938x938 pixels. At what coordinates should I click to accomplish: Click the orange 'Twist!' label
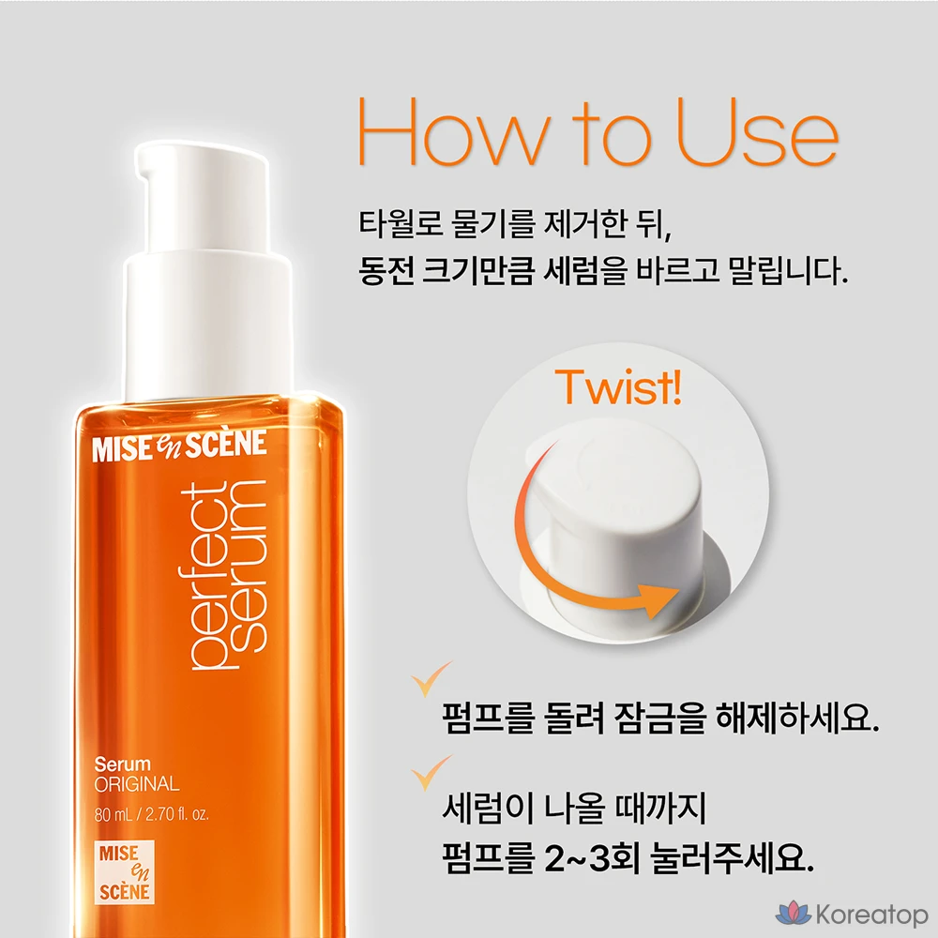618,387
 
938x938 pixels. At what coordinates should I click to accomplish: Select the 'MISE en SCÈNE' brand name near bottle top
179,446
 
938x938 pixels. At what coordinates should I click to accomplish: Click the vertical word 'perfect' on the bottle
204,576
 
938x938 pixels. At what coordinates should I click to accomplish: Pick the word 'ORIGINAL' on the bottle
137,783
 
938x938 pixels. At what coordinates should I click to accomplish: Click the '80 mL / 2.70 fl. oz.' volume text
152,814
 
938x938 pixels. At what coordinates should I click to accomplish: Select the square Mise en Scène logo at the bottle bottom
125,872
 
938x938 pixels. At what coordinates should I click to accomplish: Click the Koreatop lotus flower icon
794,914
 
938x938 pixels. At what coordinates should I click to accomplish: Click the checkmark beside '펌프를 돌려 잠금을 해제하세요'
430,679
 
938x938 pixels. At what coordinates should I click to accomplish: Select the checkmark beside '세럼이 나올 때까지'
430,773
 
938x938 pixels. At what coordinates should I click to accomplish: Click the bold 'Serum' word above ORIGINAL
123,764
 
